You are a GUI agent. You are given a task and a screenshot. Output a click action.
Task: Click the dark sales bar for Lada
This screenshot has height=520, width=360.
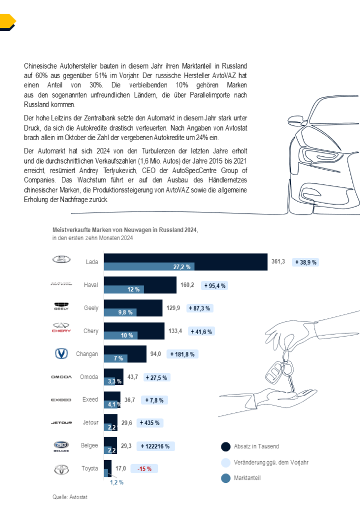point(185,257)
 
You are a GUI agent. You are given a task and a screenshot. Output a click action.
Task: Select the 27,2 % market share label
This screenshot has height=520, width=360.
point(182,267)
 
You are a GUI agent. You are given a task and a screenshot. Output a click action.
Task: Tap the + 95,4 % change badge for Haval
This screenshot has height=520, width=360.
point(215,286)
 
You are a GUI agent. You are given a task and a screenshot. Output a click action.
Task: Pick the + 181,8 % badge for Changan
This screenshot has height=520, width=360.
point(182,354)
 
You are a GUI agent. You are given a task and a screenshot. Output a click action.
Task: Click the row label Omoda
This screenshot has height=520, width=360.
point(89,377)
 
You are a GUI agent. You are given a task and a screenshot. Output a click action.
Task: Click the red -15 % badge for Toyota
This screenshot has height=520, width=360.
point(144,468)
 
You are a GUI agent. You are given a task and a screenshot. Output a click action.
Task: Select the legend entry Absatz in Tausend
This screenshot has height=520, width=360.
point(256,447)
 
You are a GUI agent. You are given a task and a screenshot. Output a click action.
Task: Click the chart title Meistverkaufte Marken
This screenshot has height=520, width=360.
point(125,230)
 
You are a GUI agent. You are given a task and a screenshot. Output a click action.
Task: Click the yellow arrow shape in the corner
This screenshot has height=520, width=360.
point(8,22)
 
